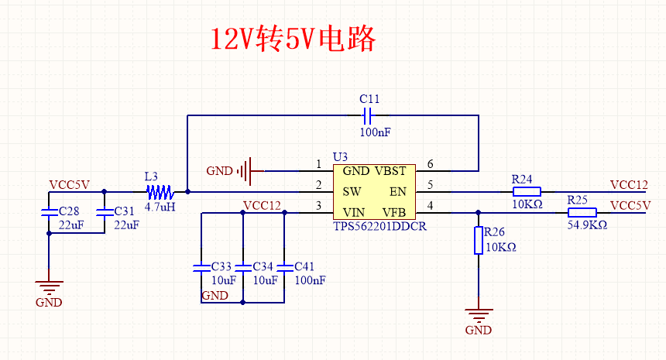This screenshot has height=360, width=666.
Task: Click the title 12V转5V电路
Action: click(x=294, y=39)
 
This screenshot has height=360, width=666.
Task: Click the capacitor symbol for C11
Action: click(x=369, y=116)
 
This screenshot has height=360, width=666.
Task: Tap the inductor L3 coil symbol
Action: click(x=160, y=191)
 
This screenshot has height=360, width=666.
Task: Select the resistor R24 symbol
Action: click(x=526, y=191)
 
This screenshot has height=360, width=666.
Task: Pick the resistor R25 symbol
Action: click(x=582, y=212)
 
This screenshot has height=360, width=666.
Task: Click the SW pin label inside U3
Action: click(x=352, y=191)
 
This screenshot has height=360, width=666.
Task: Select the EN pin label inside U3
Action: click(x=397, y=191)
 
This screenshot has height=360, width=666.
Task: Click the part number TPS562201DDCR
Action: click(x=379, y=227)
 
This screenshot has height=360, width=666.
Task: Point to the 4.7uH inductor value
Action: click(x=160, y=207)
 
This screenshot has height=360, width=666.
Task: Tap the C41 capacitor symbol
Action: click(x=284, y=267)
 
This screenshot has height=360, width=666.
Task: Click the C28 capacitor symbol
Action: click(x=48, y=211)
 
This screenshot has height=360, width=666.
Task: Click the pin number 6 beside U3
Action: click(x=430, y=164)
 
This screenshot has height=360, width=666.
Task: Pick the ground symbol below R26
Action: click(x=479, y=314)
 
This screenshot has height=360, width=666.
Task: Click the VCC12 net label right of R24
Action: click(x=628, y=185)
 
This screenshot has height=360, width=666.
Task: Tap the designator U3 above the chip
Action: click(x=339, y=157)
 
